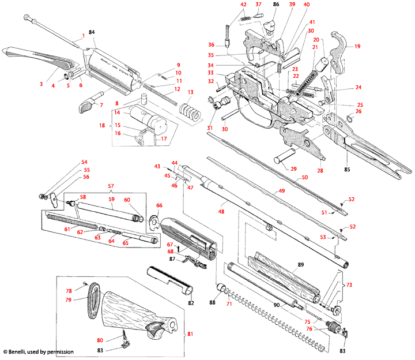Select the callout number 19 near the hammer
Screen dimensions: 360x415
tap(357, 46)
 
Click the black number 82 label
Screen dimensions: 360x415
tap(191, 302)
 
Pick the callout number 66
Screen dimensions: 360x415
tap(159, 205)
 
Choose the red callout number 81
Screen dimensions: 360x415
tap(191, 333)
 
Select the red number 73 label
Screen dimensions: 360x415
tap(349, 285)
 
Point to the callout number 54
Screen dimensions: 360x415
tap(84, 162)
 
